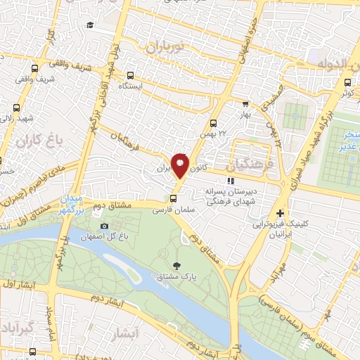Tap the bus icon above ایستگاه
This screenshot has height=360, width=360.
coord(131,75)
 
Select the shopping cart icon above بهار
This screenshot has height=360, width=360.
coord(245,103)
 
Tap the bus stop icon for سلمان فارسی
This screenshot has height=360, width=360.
coord(174,197)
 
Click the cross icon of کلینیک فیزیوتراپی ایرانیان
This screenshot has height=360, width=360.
coord(281,213)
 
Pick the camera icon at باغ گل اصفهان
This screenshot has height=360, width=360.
coord(104,226)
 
